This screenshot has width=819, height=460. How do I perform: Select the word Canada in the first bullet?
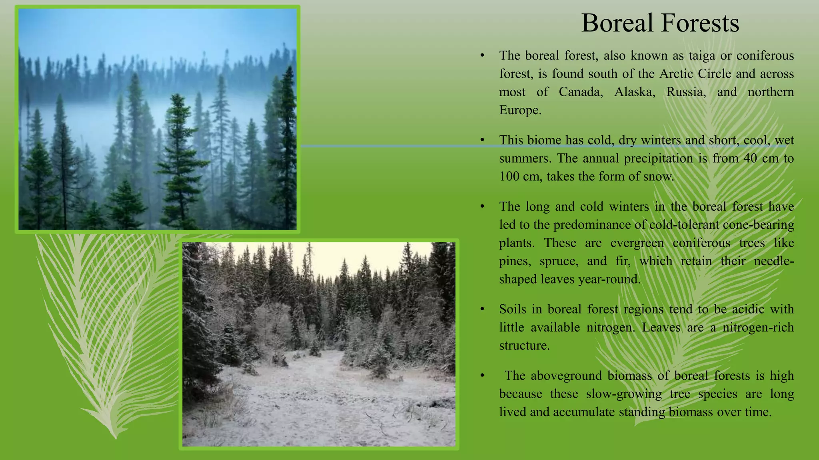point(581,92)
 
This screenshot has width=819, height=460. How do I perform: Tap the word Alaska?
point(635,92)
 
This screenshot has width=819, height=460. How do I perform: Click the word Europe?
point(520,110)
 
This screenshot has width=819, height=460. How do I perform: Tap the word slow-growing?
point(624,394)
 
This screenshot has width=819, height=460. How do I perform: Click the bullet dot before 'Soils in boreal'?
point(483,309)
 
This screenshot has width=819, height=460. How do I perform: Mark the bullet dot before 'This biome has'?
point(483,140)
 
